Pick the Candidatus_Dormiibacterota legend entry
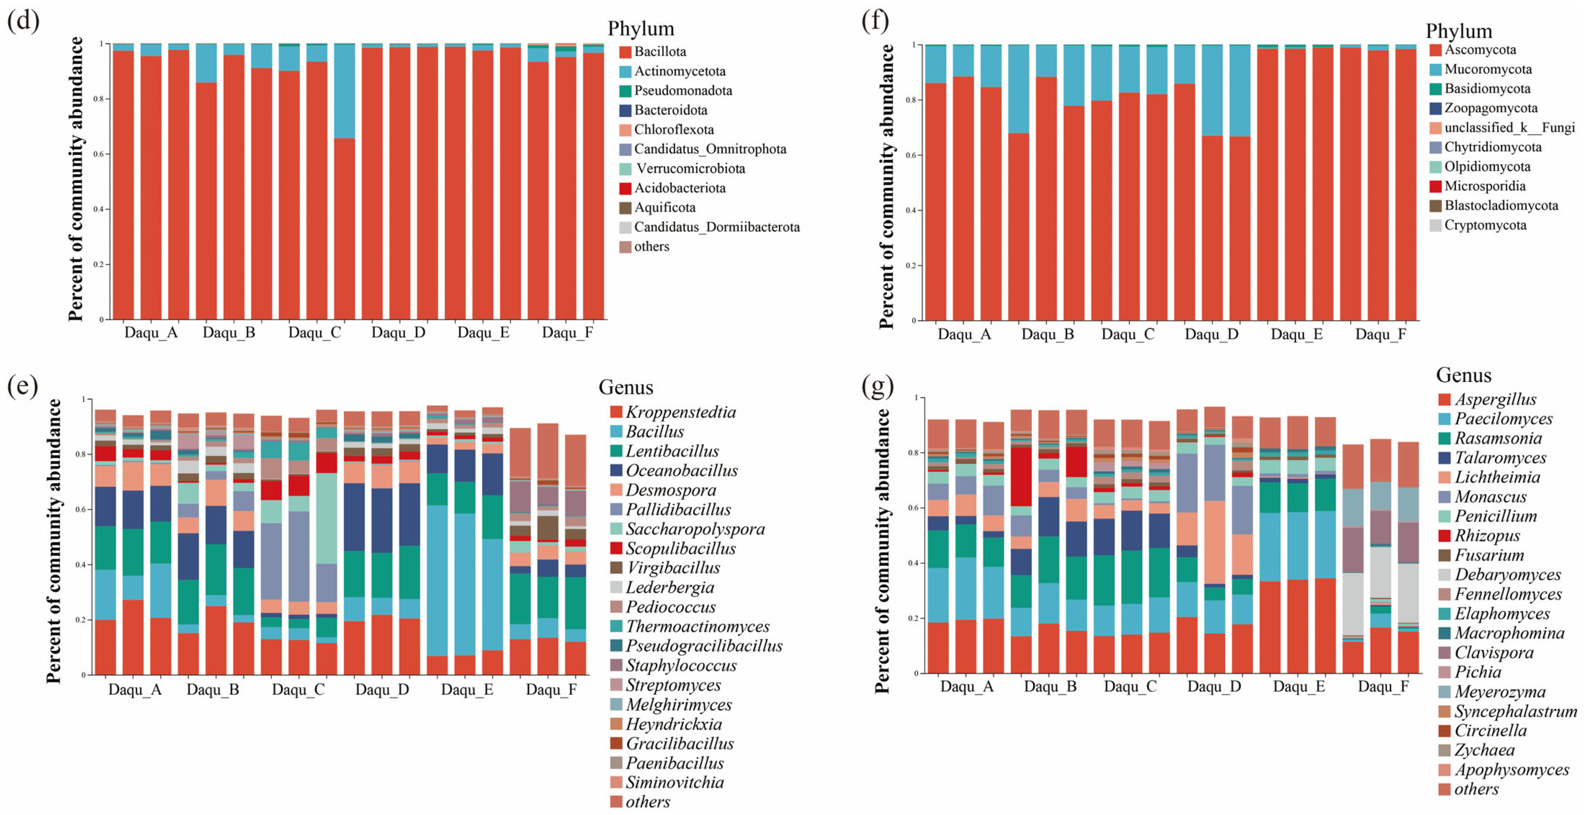coord(710,227)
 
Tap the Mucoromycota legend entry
coord(1480,69)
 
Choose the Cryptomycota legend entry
coord(1478,225)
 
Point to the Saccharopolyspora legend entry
coord(688,529)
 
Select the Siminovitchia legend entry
coord(667,783)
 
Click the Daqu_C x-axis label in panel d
coord(314,333)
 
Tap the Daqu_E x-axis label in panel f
coord(1297,334)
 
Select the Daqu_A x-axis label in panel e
coord(135,690)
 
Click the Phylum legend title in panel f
coord(1459,31)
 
